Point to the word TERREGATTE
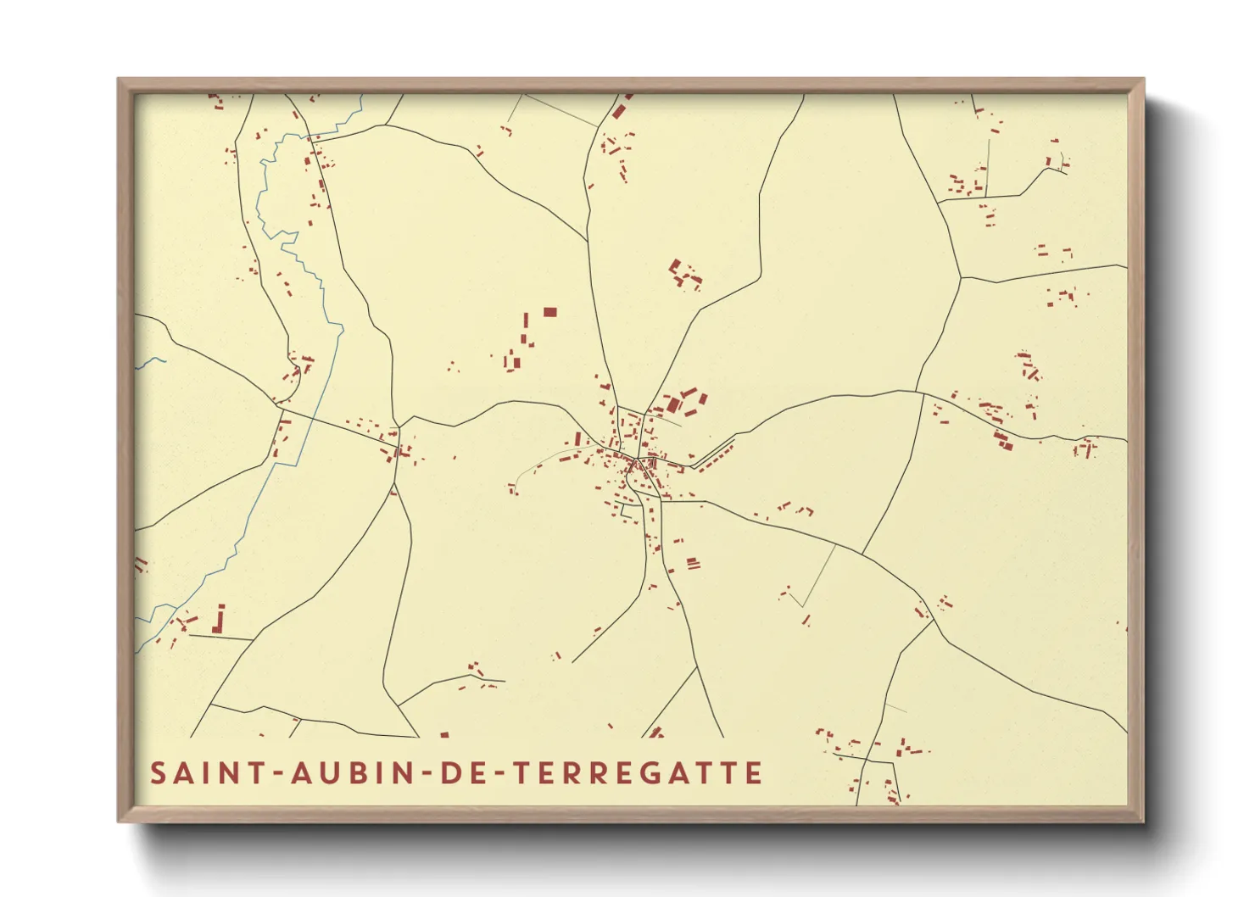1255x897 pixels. click(x=638, y=773)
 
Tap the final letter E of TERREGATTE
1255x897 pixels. click(x=753, y=773)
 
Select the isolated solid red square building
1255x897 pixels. click(x=549, y=312)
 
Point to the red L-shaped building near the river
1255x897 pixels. click(x=220, y=619)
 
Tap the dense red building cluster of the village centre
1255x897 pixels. click(x=632, y=462)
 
